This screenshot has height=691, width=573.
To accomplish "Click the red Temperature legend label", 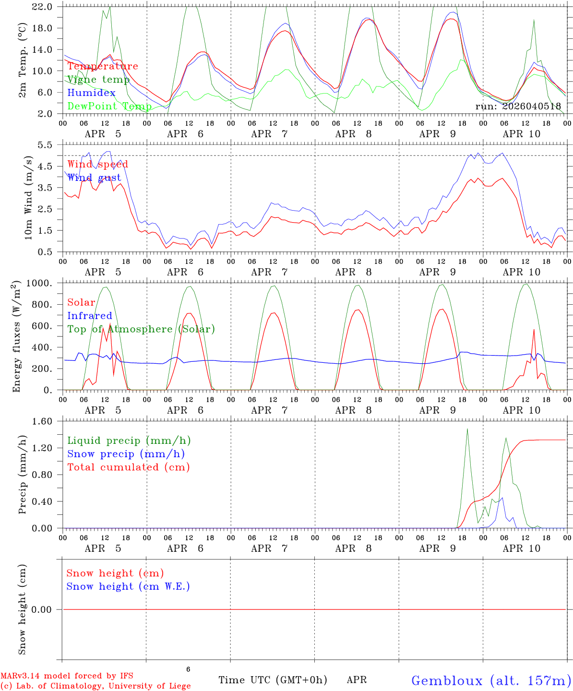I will click(x=102, y=66).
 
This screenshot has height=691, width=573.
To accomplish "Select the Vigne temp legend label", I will click(x=98, y=80).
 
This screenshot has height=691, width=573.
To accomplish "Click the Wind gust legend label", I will click(x=94, y=178).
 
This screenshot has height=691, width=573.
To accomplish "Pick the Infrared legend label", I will click(x=90, y=316).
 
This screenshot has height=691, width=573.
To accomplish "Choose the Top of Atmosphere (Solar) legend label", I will click(x=141, y=329).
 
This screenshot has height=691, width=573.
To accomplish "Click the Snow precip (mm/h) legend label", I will click(x=126, y=454).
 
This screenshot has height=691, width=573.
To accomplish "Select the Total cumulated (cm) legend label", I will click(x=129, y=467).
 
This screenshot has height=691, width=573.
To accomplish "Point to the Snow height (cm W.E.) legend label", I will click(x=128, y=586).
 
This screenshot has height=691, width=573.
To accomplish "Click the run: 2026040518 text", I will click(x=518, y=106).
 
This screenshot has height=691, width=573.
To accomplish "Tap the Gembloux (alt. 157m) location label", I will click(x=491, y=680).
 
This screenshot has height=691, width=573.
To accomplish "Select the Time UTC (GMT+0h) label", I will click(x=273, y=680).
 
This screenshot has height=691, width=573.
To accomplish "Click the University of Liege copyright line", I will click(x=95, y=686).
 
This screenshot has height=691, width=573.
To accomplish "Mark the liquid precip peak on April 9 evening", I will click(x=467, y=429).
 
